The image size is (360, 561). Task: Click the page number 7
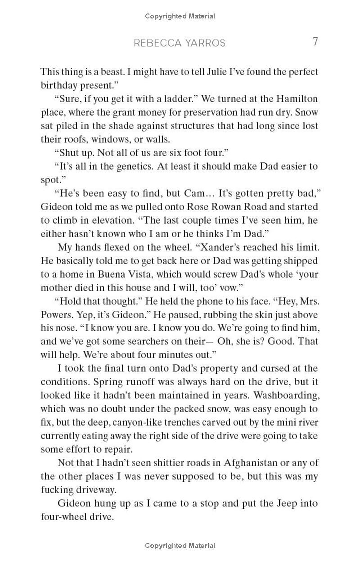[315, 42]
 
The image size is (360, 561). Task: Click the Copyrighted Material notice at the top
[180, 16]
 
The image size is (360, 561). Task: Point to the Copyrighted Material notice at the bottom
[180, 546]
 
